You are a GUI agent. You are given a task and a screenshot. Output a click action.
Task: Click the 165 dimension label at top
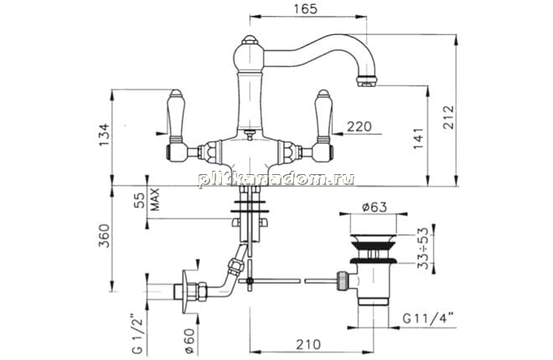click(x=306, y=9)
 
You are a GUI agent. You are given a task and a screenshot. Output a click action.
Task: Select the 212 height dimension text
click(x=448, y=117)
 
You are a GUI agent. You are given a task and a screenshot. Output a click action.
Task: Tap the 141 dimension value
click(x=418, y=138)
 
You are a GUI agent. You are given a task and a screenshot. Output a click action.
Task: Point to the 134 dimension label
click(x=104, y=136)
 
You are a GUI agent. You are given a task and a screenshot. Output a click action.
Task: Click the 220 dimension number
click(x=359, y=126)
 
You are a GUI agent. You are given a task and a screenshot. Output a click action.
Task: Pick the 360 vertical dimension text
click(x=104, y=235)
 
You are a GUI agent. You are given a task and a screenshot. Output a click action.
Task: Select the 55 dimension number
click(x=141, y=200)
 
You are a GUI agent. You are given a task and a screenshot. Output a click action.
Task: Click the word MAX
click(x=154, y=199)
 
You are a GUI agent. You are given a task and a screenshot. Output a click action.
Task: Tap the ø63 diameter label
click(x=375, y=207)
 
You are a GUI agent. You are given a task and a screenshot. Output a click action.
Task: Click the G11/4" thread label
click(x=428, y=319)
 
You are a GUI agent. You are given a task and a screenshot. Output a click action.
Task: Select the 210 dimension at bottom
click(x=308, y=344)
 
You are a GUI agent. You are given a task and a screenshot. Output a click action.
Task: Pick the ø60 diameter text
click(x=189, y=341)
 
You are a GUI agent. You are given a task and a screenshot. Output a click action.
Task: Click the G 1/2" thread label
click(x=137, y=333)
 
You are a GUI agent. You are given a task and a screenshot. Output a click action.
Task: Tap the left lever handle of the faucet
click(x=176, y=126)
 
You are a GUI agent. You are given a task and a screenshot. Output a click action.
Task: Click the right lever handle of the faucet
click(x=323, y=126)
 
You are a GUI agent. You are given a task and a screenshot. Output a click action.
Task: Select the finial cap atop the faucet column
click(x=250, y=39)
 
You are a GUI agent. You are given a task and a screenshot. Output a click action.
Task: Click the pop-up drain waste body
click(x=373, y=269)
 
